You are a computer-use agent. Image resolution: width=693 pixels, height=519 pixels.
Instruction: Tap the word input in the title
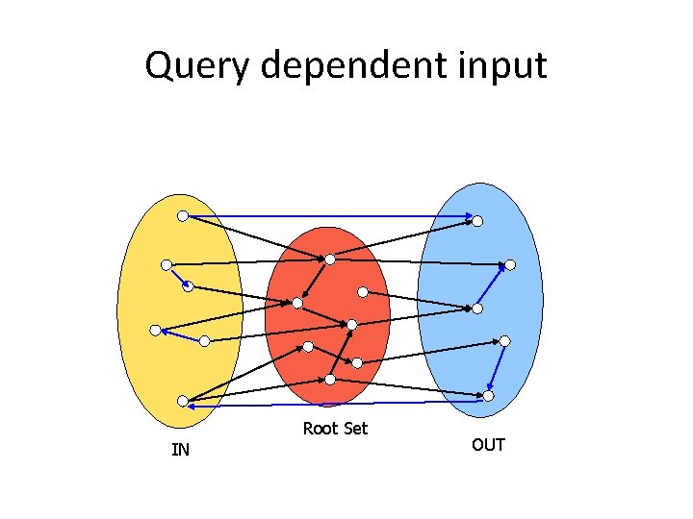tap(502, 65)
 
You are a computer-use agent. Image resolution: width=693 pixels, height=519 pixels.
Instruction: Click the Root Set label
tap(335, 429)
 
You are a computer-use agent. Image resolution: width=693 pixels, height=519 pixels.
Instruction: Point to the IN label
tap(180, 449)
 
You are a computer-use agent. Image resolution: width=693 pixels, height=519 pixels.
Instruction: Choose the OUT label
tap(488, 445)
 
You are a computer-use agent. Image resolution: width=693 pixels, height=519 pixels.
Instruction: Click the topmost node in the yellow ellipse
tap(182, 216)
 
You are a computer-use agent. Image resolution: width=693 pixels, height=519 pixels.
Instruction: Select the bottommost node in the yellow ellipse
tap(182, 401)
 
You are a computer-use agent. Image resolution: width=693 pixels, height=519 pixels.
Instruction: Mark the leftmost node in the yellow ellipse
tap(155, 330)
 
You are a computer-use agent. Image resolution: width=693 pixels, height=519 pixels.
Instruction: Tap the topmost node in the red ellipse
tap(330, 259)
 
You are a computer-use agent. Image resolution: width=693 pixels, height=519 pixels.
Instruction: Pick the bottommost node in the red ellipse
tap(330, 380)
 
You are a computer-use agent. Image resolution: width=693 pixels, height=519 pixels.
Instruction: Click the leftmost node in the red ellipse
tap(297, 304)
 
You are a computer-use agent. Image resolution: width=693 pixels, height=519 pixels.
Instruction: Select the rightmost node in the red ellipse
tap(363, 291)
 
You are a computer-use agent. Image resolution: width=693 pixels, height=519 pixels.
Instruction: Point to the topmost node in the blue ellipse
tap(476, 221)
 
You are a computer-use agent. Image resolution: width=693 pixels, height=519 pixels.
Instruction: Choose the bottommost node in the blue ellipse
tap(488, 395)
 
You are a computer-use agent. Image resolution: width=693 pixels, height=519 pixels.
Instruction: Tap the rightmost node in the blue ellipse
tap(510, 264)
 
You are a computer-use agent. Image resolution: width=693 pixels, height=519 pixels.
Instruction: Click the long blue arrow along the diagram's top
tap(327, 216)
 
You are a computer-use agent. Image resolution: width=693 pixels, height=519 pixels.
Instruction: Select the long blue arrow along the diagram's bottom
tap(337, 404)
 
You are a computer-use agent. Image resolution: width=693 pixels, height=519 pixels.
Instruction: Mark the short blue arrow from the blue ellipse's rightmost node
tap(495, 285)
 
